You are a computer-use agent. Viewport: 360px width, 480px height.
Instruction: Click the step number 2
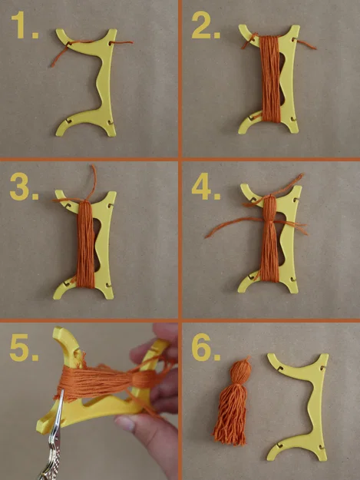pos(206,25)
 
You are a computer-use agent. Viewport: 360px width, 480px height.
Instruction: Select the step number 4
pos(206,187)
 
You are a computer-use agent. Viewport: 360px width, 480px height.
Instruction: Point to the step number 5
pos(24,347)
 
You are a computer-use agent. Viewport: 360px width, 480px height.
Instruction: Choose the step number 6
pos(206,347)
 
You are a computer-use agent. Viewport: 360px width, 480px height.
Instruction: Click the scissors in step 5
pos(54,438)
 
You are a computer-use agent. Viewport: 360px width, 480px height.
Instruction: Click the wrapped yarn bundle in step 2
pos(269,79)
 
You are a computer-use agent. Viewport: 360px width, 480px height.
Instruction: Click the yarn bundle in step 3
pos(86,244)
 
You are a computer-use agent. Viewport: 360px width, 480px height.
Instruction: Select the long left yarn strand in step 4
pos(234,226)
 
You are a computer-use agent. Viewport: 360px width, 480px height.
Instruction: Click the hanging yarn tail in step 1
pos(59,55)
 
